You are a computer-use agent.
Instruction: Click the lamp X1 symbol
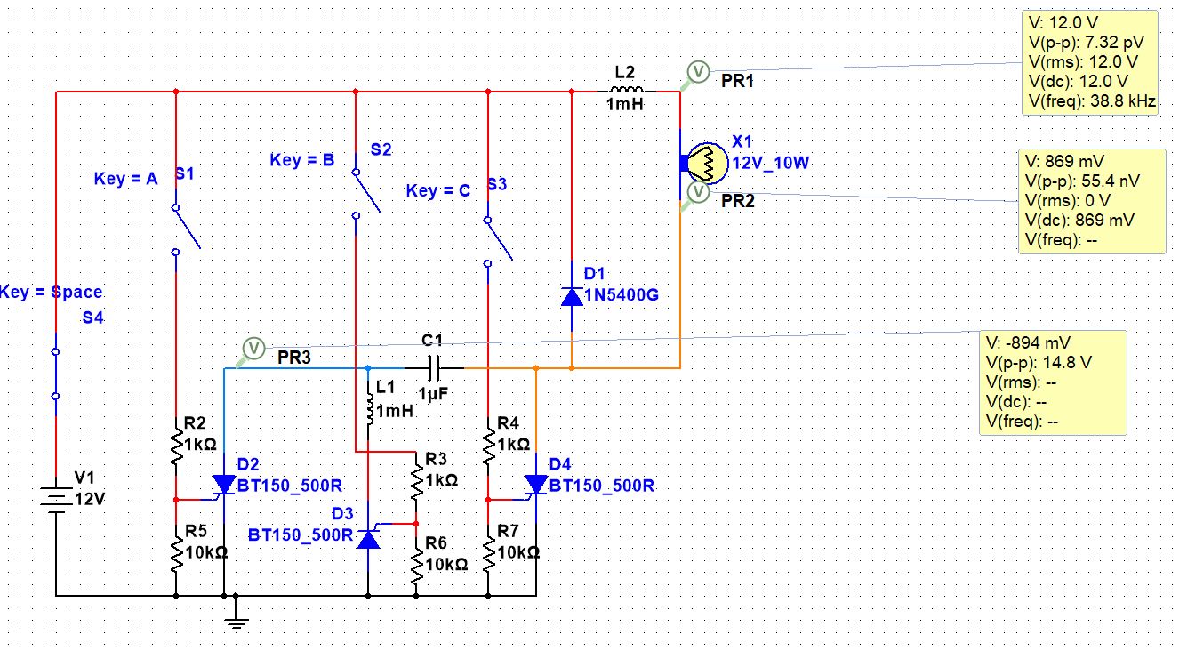(x=707, y=163)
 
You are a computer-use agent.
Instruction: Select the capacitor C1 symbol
(x=434, y=368)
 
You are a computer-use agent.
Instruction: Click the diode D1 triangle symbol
(x=572, y=297)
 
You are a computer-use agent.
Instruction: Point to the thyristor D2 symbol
(x=224, y=485)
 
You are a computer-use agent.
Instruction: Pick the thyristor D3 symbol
(x=368, y=538)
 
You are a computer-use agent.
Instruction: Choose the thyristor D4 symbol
(x=536, y=485)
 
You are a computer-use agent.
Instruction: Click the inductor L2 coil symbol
(x=626, y=90)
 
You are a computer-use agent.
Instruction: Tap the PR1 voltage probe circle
(x=698, y=71)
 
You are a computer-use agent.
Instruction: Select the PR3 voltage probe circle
(x=253, y=349)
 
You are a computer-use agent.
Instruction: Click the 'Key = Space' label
(x=51, y=292)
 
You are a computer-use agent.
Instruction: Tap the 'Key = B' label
(x=302, y=160)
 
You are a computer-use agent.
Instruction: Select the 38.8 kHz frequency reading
(x=1123, y=101)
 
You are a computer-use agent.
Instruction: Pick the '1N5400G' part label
(x=622, y=294)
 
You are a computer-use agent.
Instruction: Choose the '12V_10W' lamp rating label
(x=771, y=163)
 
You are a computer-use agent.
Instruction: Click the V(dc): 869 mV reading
(x=1079, y=220)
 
